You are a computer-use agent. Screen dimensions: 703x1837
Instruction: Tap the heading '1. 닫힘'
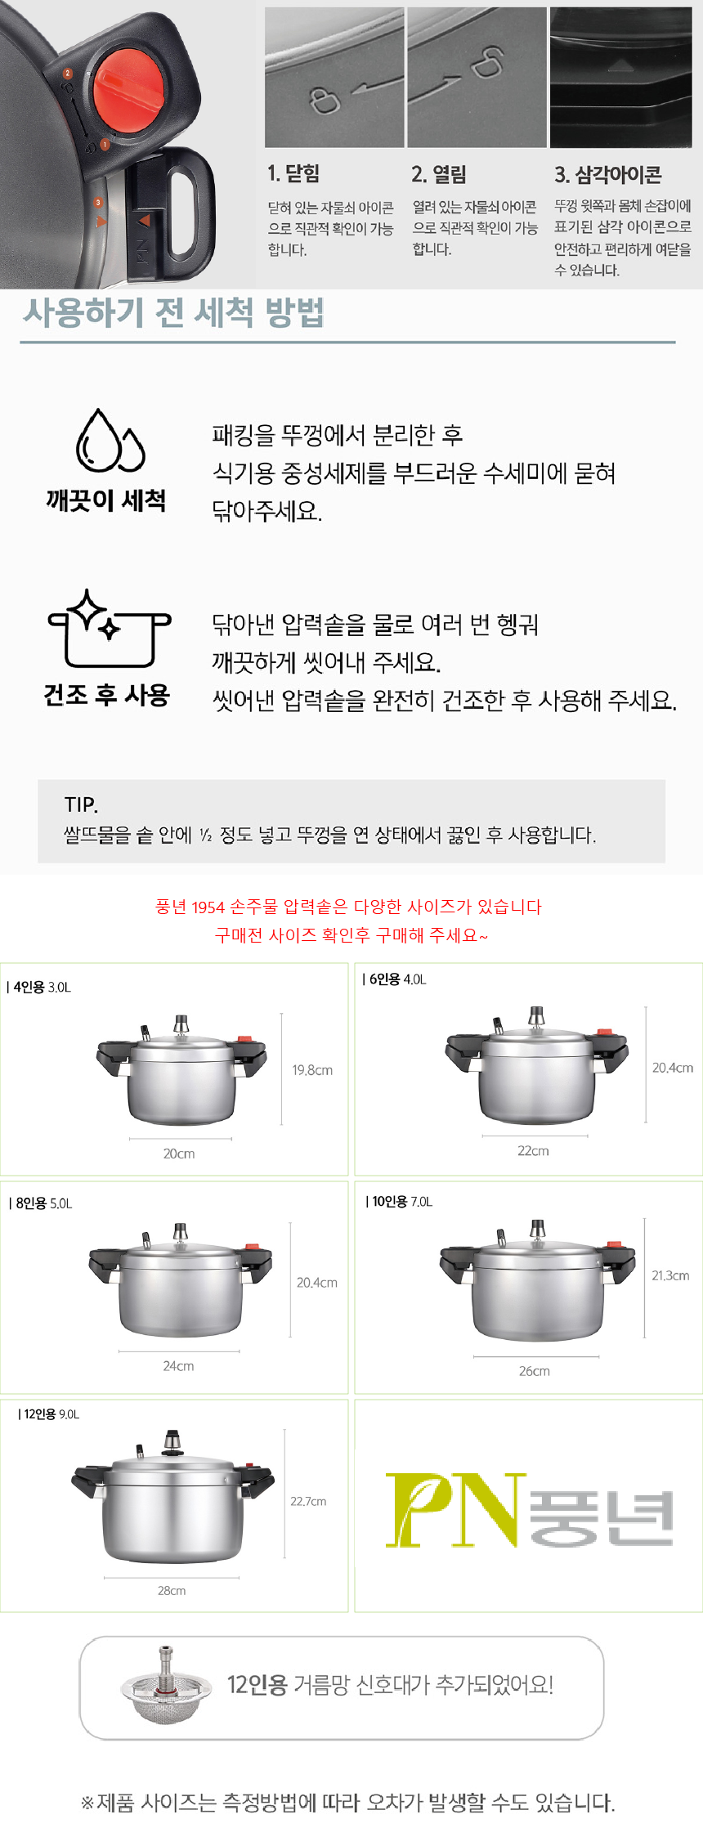point(293,173)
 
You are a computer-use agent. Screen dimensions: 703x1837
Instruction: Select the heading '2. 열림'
point(439,174)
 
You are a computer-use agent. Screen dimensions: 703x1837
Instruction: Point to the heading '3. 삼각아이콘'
point(608,174)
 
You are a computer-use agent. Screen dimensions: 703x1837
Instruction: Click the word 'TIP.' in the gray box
point(81,805)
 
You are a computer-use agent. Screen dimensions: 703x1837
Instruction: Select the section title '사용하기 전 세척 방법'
point(173,312)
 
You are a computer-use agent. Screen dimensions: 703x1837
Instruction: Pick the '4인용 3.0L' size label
point(40,987)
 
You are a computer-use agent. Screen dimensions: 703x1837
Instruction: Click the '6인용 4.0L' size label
point(395,979)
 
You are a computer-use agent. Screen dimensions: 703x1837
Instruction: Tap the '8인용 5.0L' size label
point(42,1203)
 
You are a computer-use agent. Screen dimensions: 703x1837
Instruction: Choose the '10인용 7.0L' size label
point(400,1201)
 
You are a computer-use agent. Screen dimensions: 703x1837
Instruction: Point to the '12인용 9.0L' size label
point(50,1414)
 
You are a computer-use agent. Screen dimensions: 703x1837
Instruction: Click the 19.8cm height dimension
point(312,1069)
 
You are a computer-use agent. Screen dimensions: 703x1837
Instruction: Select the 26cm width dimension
point(535,1370)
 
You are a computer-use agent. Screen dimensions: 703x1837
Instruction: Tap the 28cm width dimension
point(172,1590)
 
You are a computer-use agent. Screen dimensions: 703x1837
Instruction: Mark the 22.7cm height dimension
point(308,1501)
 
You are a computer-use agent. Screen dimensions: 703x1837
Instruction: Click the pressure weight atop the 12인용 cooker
point(172,1443)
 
